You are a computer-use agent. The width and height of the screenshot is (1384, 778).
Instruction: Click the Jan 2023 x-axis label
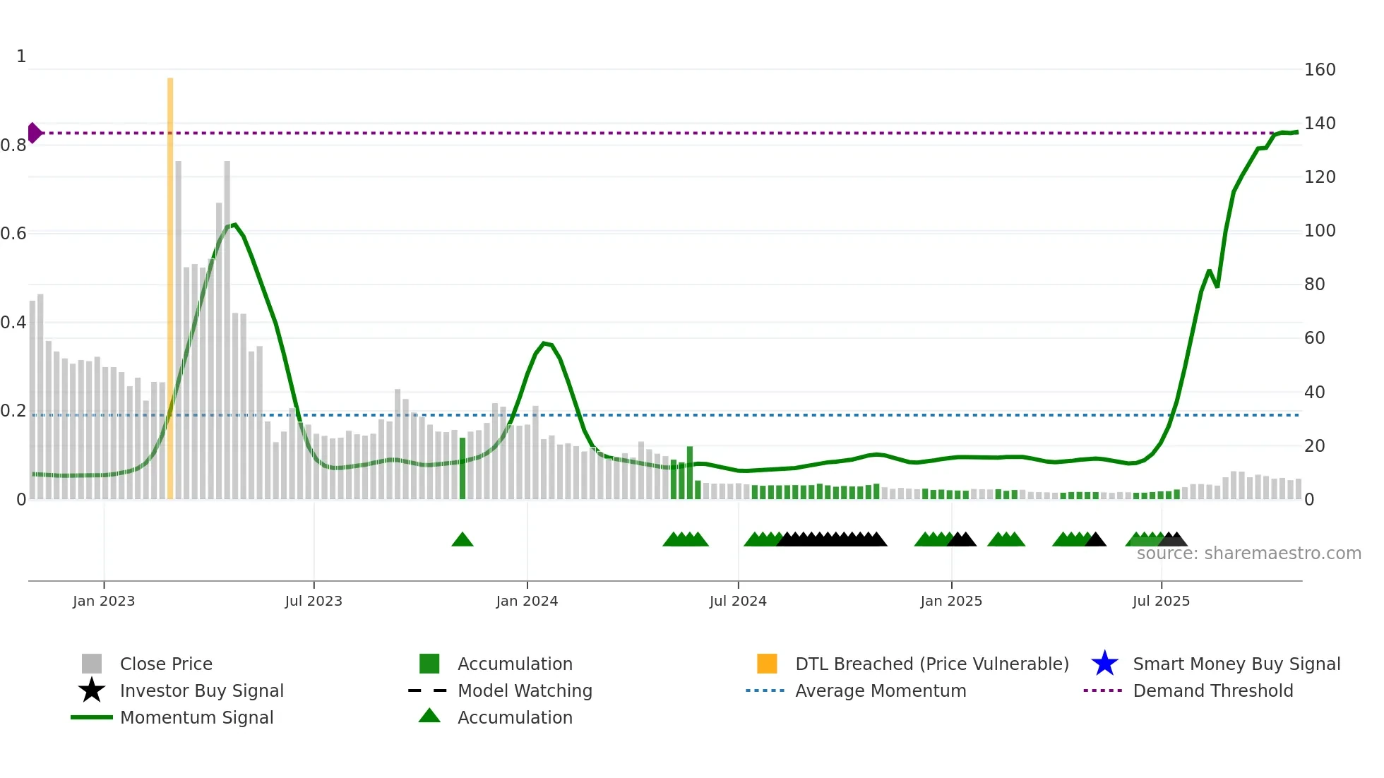[x=104, y=601]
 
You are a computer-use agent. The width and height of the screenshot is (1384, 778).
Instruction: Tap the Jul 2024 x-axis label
[x=738, y=601]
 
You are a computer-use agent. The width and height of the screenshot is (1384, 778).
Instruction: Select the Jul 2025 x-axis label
[x=1161, y=601]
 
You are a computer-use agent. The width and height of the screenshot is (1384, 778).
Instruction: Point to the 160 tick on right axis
[x=1320, y=70]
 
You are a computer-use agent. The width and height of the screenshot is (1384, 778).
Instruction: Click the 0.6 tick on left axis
[x=13, y=234]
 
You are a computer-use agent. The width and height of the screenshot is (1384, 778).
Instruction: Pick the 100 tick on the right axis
[x=1320, y=231]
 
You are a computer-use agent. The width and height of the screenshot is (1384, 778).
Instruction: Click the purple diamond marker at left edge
[x=35, y=133]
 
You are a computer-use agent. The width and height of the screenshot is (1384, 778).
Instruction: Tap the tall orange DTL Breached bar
[x=170, y=282]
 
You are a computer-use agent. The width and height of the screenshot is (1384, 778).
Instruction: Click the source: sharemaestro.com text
[x=1248, y=553]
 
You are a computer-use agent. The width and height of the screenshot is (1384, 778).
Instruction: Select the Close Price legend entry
[x=166, y=664]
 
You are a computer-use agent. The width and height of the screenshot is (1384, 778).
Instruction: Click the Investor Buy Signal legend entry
[x=201, y=690]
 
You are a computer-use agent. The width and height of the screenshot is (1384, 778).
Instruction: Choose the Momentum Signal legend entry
[x=196, y=717]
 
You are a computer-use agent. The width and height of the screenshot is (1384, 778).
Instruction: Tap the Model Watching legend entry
[x=525, y=690]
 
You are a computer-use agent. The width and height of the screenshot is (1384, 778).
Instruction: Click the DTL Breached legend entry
[x=931, y=664]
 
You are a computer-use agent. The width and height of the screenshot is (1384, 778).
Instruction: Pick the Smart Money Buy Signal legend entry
[x=1236, y=664]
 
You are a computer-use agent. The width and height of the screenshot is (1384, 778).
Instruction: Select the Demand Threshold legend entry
[x=1212, y=690]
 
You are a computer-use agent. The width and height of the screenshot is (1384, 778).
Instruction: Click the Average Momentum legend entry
[x=880, y=690]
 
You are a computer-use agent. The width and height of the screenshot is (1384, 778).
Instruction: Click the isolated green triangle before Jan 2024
[x=463, y=540]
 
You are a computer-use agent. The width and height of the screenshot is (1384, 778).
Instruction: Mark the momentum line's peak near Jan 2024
[x=544, y=343]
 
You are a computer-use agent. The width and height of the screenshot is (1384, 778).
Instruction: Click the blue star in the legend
[x=1104, y=664]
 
